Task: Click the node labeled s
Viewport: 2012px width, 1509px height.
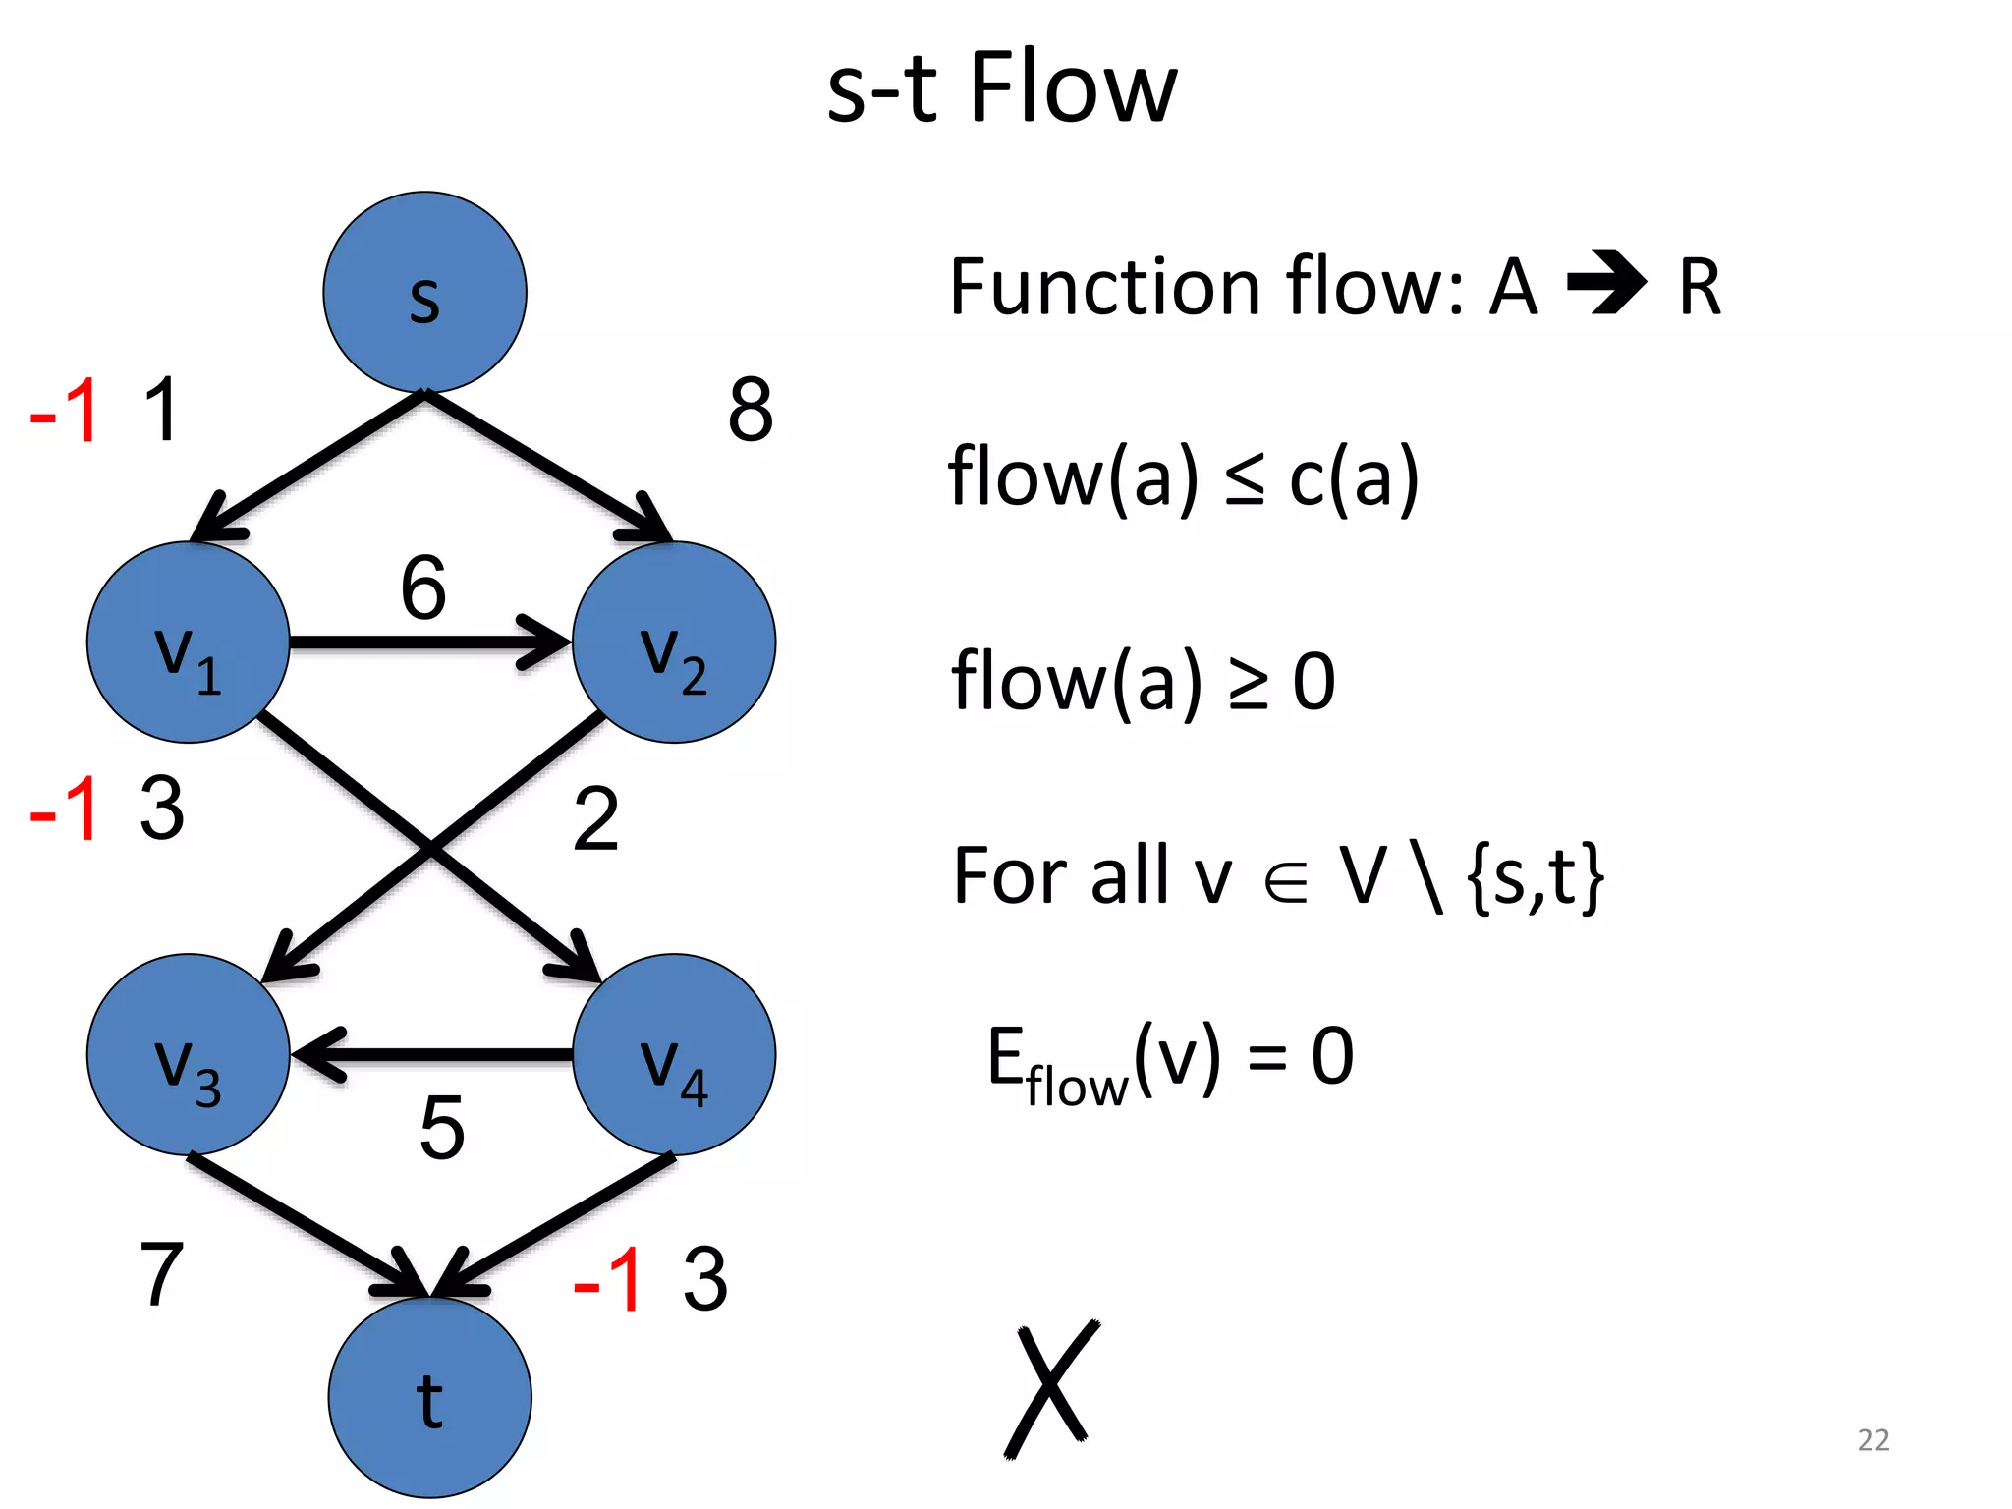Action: click(x=424, y=292)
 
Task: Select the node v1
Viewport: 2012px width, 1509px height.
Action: click(x=188, y=643)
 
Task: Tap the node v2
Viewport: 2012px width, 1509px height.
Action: click(x=674, y=643)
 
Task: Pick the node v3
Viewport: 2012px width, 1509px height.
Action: click(x=188, y=1054)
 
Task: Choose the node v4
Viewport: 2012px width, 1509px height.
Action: click(x=674, y=1054)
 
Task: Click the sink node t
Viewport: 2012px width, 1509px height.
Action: click(x=429, y=1397)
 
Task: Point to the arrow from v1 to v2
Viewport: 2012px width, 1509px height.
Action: click(x=422, y=643)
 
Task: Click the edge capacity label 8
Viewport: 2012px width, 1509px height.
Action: click(x=751, y=410)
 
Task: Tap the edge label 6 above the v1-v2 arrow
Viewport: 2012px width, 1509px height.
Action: click(x=423, y=587)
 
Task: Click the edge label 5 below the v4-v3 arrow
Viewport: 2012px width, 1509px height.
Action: click(x=442, y=1128)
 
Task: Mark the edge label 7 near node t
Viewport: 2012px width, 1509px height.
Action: click(x=162, y=1274)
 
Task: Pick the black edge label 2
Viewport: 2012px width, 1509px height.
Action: click(x=596, y=818)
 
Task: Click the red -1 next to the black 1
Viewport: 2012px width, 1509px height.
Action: click(x=66, y=411)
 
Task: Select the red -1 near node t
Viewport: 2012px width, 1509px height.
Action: click(x=608, y=1279)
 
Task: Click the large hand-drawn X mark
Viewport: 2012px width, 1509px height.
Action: click(x=1051, y=1389)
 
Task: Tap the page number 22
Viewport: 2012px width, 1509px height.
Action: click(x=1872, y=1439)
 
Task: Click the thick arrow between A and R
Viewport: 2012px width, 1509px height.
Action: click(x=1606, y=283)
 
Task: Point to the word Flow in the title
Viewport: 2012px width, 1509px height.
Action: click(x=1073, y=88)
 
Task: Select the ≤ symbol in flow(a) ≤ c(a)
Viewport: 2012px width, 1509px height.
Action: click(x=1245, y=480)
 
